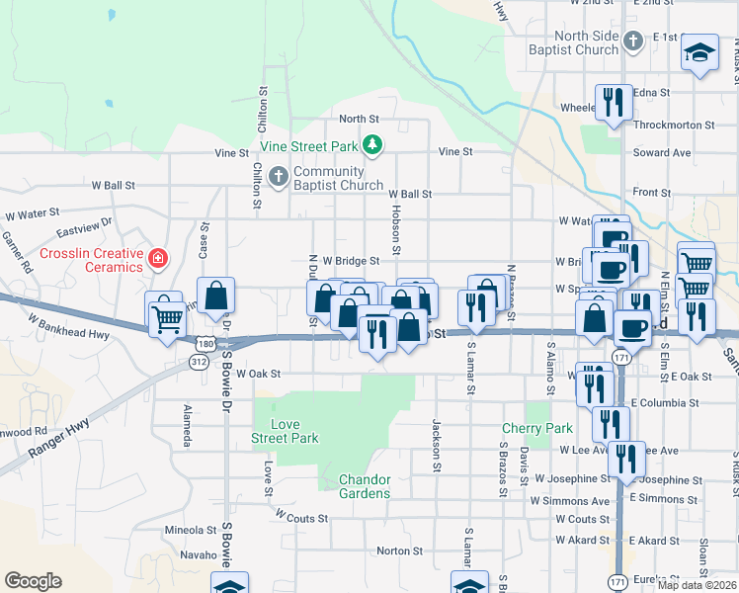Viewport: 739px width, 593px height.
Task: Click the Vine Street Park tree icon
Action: [371, 146]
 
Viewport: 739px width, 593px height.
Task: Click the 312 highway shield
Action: [199, 362]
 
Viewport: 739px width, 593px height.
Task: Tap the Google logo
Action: [33, 581]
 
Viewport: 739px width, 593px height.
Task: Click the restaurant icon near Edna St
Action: [613, 101]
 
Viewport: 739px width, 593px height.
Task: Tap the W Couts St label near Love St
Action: [301, 516]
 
